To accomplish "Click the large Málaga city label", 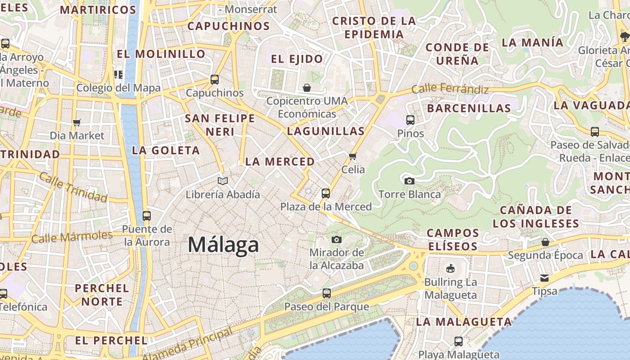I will point(223,245).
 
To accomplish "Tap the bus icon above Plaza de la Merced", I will point(326,193).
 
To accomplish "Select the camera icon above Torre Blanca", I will point(409,181).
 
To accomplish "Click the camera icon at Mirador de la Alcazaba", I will point(337,239).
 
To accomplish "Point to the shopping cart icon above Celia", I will point(353,156).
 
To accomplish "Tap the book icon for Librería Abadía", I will point(223,181).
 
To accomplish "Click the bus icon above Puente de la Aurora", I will point(147,216).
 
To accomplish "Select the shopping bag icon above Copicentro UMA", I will point(307,87).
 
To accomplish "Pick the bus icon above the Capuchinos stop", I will point(215,80).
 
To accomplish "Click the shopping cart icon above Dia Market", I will point(77,122).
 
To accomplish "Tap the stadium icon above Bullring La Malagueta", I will point(450,269).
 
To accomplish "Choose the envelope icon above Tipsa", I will point(544,278).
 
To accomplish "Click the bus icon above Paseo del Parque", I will point(327,293).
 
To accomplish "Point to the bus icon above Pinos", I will point(410,120).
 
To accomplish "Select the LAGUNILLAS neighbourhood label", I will point(326,131).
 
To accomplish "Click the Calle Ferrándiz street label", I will point(450,89).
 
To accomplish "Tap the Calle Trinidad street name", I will point(73,187).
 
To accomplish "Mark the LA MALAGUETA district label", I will point(464,322).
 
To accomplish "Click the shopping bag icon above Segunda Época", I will point(545,242).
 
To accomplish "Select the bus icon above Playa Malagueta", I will point(459,341).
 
